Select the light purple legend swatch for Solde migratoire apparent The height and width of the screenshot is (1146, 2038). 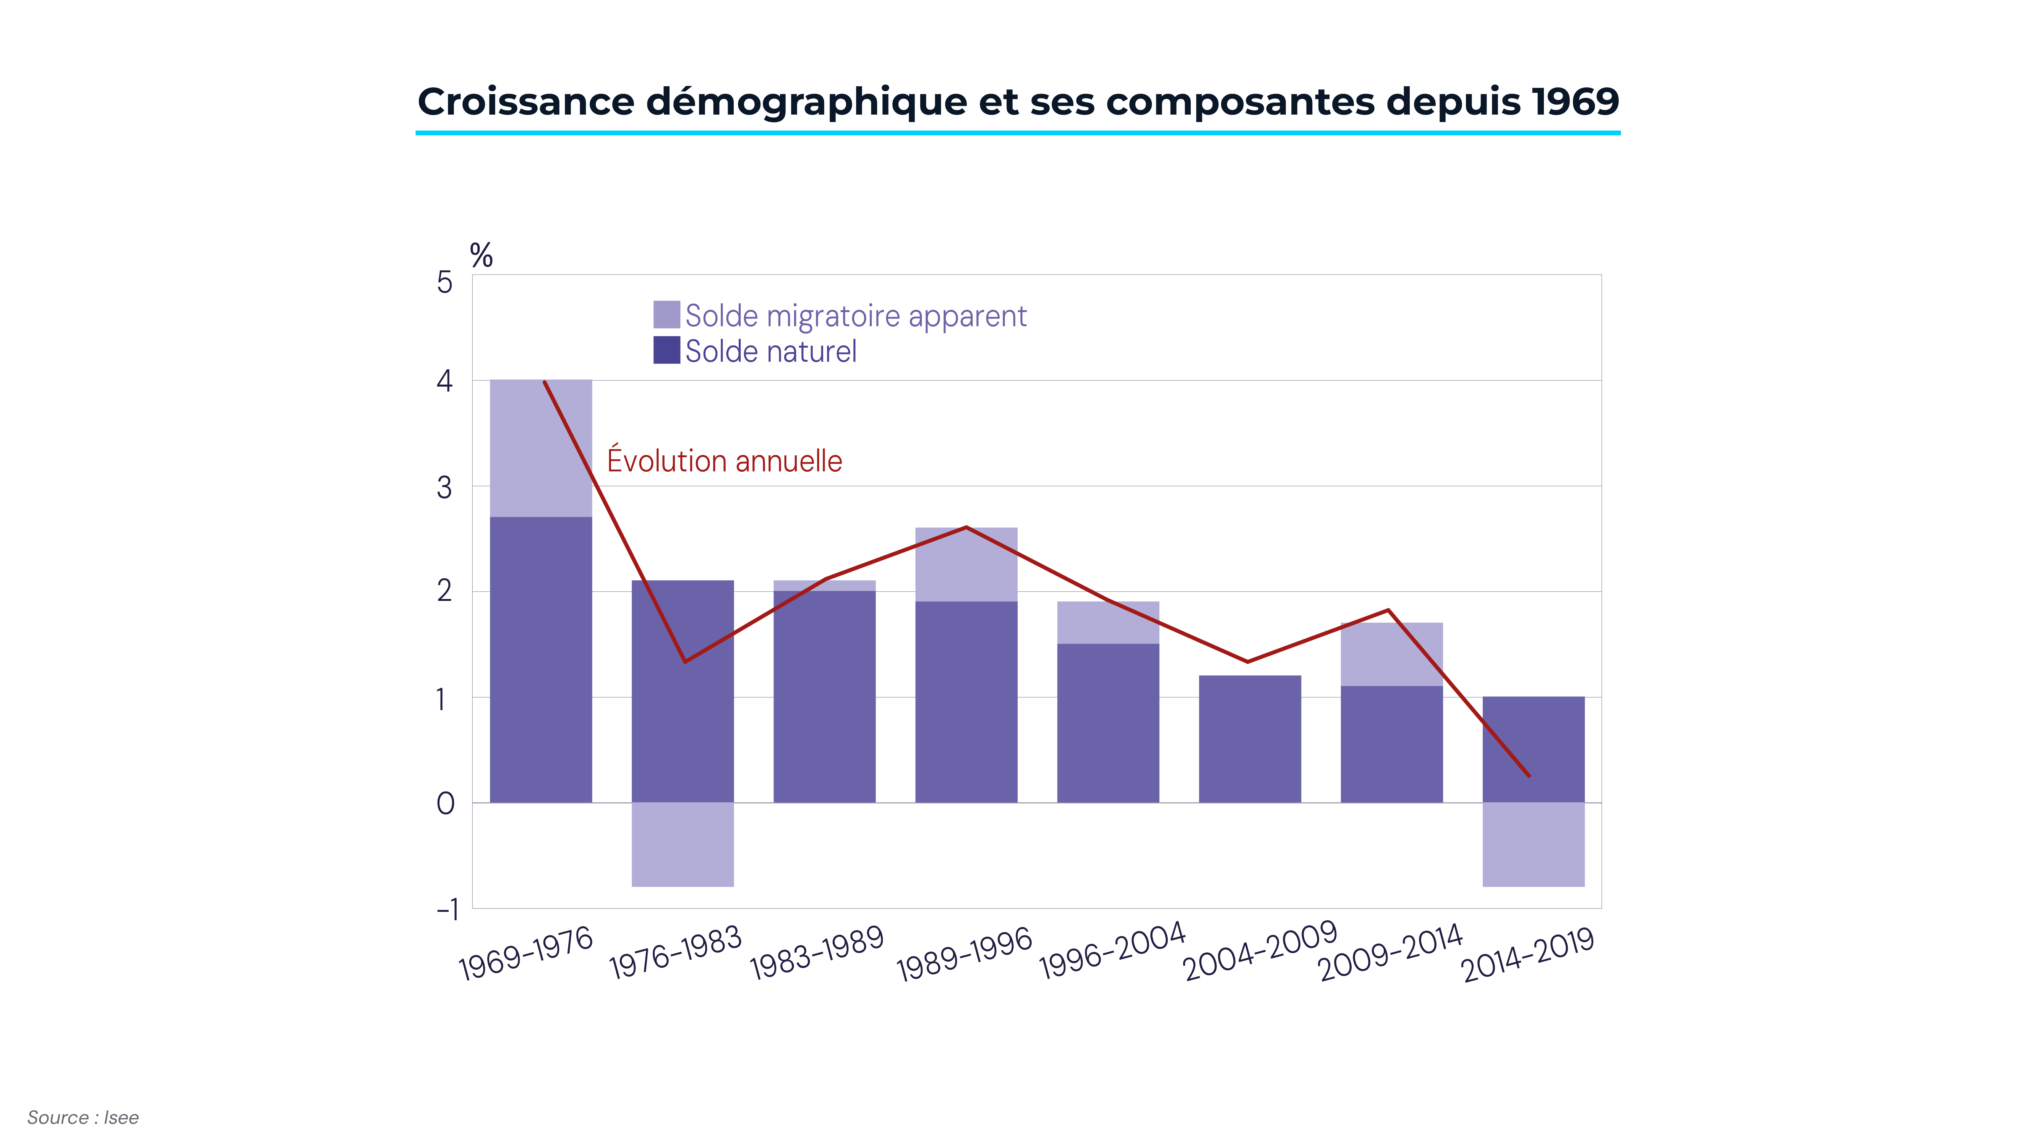click(x=666, y=315)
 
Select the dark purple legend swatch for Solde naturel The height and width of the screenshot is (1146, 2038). click(x=666, y=350)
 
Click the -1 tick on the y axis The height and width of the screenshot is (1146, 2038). click(x=448, y=910)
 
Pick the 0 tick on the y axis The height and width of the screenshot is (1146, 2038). click(x=446, y=804)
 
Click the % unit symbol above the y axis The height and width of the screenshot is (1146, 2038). click(x=481, y=256)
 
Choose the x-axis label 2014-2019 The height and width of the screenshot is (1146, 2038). click(x=1527, y=955)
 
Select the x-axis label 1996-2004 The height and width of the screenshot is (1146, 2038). click(x=1112, y=952)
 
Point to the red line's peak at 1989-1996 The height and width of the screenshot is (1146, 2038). click(x=966, y=528)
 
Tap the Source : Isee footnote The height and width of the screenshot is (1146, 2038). click(x=83, y=1117)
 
